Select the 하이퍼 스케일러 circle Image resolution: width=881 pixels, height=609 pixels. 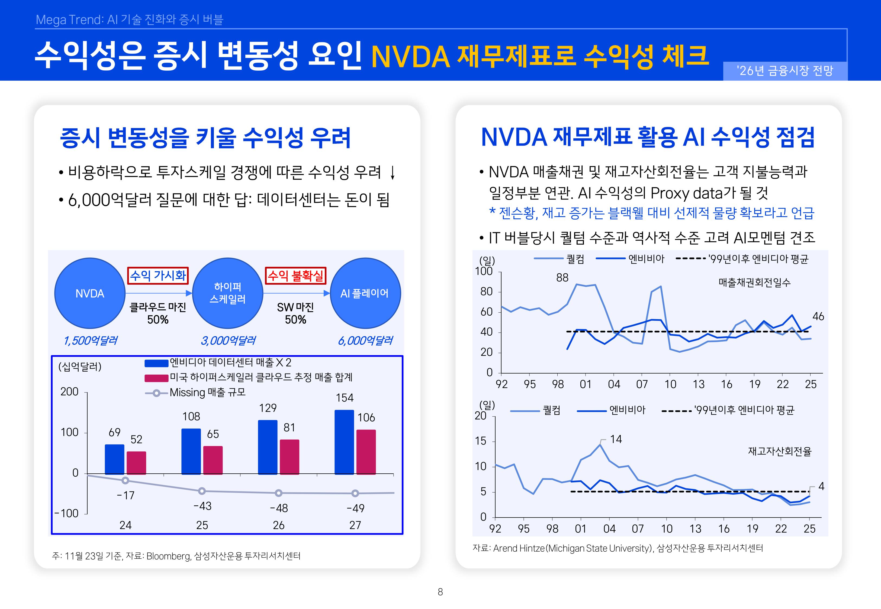point(228,293)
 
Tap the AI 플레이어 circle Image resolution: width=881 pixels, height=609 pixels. point(365,293)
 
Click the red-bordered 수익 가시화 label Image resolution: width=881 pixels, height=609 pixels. point(158,276)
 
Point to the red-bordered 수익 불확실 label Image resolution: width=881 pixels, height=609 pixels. point(295,276)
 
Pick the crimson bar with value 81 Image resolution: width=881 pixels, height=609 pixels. point(289,457)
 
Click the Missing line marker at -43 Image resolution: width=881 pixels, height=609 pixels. point(202,491)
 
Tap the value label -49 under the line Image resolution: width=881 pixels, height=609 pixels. point(355,508)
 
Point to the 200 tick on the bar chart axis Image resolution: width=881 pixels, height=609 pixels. point(70,392)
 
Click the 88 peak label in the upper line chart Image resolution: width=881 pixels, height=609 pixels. point(562,278)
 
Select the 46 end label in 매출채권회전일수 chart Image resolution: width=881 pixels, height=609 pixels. point(818,316)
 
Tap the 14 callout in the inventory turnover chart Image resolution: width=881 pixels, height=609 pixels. point(615,439)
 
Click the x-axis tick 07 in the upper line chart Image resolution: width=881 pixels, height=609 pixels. point(642,384)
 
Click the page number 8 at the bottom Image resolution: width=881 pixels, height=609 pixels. point(440,592)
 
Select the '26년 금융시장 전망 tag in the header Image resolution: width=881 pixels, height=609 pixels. point(785,71)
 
